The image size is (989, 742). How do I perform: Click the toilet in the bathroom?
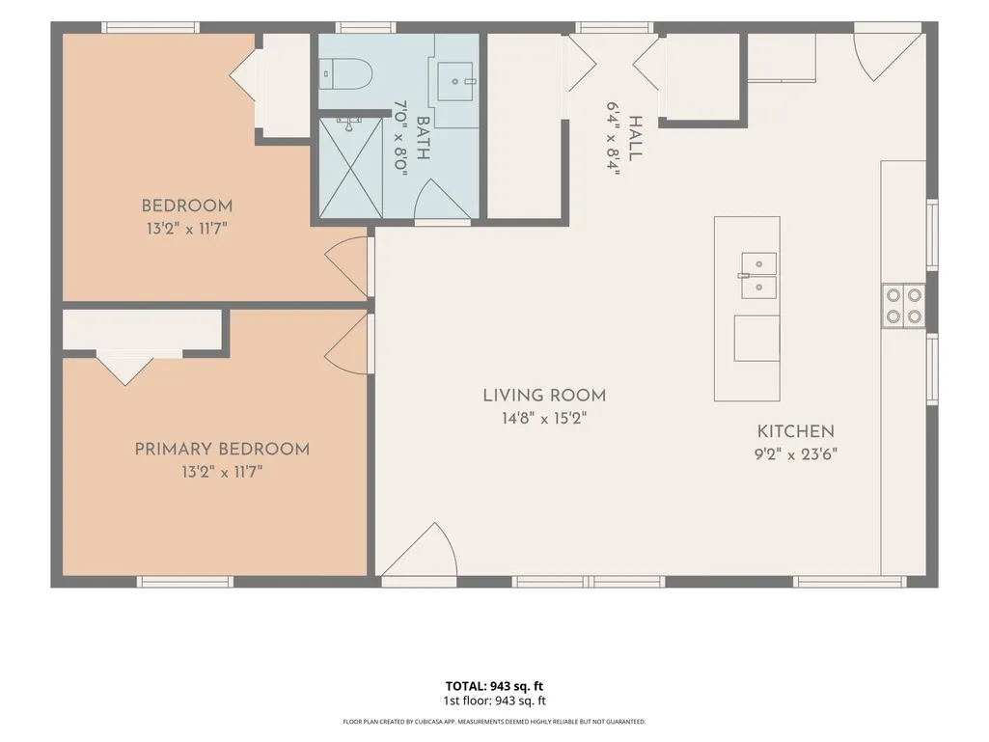tap(345, 74)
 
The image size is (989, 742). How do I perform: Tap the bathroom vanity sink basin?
tap(454, 81)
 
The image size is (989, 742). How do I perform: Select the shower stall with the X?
tap(350, 169)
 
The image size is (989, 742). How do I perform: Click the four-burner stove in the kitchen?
tap(903, 305)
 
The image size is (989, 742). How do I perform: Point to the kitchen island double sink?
tap(758, 275)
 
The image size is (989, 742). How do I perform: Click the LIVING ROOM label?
tap(544, 396)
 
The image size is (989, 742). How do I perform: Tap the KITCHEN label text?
tap(795, 431)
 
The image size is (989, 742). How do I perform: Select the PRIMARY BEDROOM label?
tap(222, 450)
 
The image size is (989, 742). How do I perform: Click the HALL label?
tap(635, 138)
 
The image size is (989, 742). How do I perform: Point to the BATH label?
tap(423, 138)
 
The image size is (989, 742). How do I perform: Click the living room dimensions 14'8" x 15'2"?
tap(544, 418)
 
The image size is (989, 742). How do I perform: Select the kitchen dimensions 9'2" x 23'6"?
tap(795, 453)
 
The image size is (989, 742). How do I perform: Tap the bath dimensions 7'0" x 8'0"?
tap(401, 138)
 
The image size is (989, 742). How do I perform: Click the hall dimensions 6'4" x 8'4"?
tap(614, 138)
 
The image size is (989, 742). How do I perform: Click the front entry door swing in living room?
tap(418, 549)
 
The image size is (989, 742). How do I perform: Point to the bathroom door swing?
tap(442, 199)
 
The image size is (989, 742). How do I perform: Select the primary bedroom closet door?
tap(125, 368)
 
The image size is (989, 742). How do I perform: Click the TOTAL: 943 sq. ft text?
tap(494, 686)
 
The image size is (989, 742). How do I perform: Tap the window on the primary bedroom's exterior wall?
tap(185, 582)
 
